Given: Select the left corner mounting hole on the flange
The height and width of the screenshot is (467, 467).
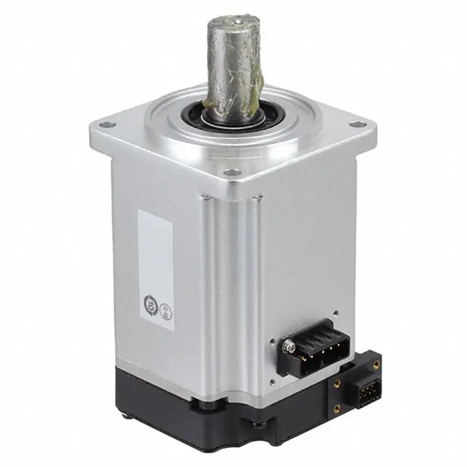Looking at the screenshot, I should click(106, 124).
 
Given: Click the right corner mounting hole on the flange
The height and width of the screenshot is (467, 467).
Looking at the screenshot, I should click(355, 124).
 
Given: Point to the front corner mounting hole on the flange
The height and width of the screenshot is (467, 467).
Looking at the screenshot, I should click(232, 173).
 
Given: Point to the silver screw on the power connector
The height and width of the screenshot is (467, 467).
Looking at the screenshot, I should click(287, 347).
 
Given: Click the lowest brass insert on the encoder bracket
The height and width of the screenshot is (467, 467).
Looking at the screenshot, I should click(337, 409).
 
